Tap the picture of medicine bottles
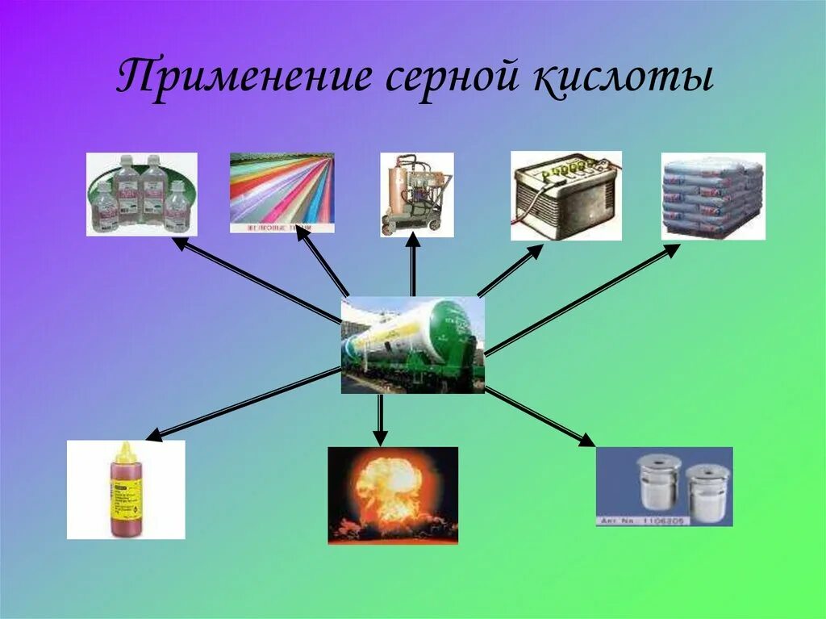click(142, 194)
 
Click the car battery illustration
click(565, 195)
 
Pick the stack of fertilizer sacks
click(712, 195)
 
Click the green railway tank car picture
click(412, 345)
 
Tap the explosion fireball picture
click(392, 495)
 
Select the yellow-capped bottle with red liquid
click(126, 489)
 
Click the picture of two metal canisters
click(664, 486)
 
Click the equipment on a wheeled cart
click(416, 194)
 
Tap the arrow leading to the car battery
click(510, 271)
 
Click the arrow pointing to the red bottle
click(242, 404)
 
